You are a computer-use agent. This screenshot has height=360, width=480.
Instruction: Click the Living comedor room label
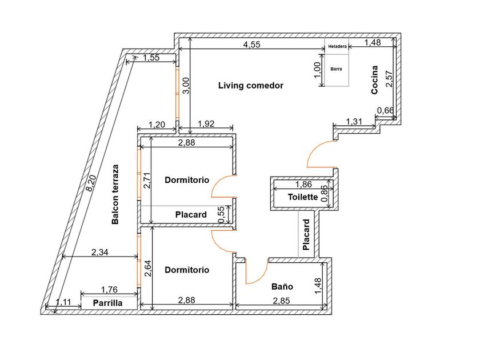click(251, 85)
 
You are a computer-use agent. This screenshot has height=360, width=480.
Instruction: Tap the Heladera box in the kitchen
click(337, 46)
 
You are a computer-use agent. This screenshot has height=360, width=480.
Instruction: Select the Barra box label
click(336, 69)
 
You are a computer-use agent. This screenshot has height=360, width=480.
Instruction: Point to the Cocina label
click(374, 80)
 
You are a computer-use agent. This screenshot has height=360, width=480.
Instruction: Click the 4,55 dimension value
click(251, 45)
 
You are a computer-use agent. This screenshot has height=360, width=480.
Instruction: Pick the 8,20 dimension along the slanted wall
click(91, 183)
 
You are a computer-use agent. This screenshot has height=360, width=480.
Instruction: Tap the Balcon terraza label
click(115, 195)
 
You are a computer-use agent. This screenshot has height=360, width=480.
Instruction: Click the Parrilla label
click(108, 303)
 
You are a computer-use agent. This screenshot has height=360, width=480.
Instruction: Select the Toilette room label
click(303, 197)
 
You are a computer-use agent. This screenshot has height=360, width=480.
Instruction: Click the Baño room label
click(282, 286)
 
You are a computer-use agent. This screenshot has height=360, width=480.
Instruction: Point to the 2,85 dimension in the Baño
click(281, 301)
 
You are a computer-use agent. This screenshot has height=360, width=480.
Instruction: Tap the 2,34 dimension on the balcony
click(100, 252)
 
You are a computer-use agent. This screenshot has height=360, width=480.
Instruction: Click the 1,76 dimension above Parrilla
click(109, 290)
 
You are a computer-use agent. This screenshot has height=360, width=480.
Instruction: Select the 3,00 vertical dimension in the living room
click(186, 85)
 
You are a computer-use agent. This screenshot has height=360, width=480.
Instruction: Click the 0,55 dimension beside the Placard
click(221, 215)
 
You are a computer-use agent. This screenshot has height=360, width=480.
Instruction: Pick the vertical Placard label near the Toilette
click(306, 235)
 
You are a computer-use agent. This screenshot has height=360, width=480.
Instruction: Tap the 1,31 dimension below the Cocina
click(354, 122)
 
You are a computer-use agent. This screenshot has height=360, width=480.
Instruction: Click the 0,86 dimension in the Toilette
click(324, 194)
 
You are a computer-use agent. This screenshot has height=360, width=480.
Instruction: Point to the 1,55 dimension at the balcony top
click(151, 58)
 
